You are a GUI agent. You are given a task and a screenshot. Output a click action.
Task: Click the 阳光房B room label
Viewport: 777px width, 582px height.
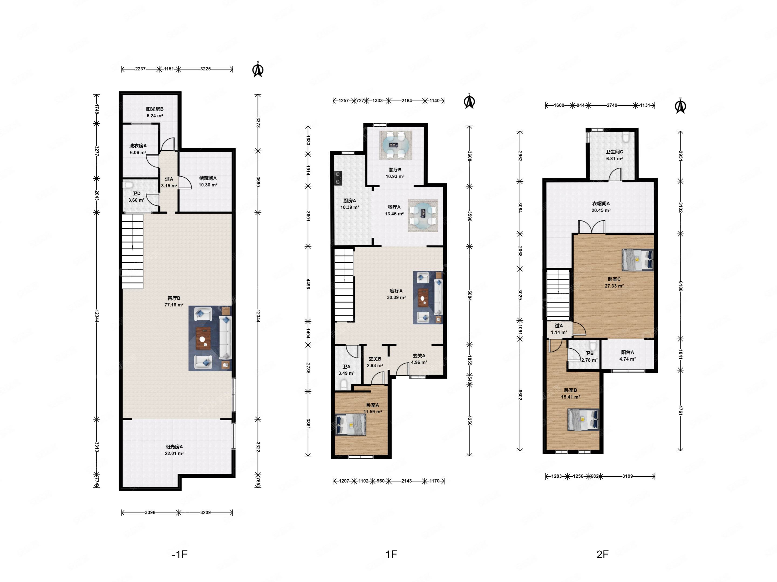tap(155, 109)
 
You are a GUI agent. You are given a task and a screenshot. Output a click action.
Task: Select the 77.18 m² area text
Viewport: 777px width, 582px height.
tap(174, 305)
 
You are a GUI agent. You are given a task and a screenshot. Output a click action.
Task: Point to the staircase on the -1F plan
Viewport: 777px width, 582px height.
tap(132, 252)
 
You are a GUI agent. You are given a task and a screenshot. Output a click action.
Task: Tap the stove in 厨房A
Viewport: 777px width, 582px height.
tap(338, 178)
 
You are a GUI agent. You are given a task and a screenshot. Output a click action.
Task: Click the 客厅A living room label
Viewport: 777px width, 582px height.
tap(396, 291)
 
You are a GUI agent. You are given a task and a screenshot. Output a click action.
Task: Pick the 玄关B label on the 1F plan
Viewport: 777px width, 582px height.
tap(375, 359)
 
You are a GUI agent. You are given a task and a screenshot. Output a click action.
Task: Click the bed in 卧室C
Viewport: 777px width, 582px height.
tap(638, 260)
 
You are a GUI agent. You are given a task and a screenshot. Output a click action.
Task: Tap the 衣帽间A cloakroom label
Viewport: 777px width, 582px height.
tap(601, 203)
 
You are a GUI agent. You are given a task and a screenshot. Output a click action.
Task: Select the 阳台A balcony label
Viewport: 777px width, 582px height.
tap(627, 352)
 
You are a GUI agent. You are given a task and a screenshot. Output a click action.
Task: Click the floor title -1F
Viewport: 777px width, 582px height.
tap(179, 554)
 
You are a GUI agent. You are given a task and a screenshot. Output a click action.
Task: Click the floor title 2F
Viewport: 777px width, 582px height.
tap(602, 554)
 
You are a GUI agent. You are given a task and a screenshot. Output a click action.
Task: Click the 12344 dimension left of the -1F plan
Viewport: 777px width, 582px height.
tap(97, 316)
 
